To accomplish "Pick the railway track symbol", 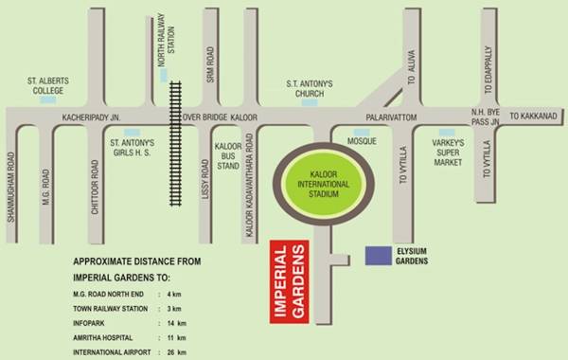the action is tap(174, 142).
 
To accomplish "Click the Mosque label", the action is tap(362, 141).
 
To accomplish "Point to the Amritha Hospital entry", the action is tap(104, 337).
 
